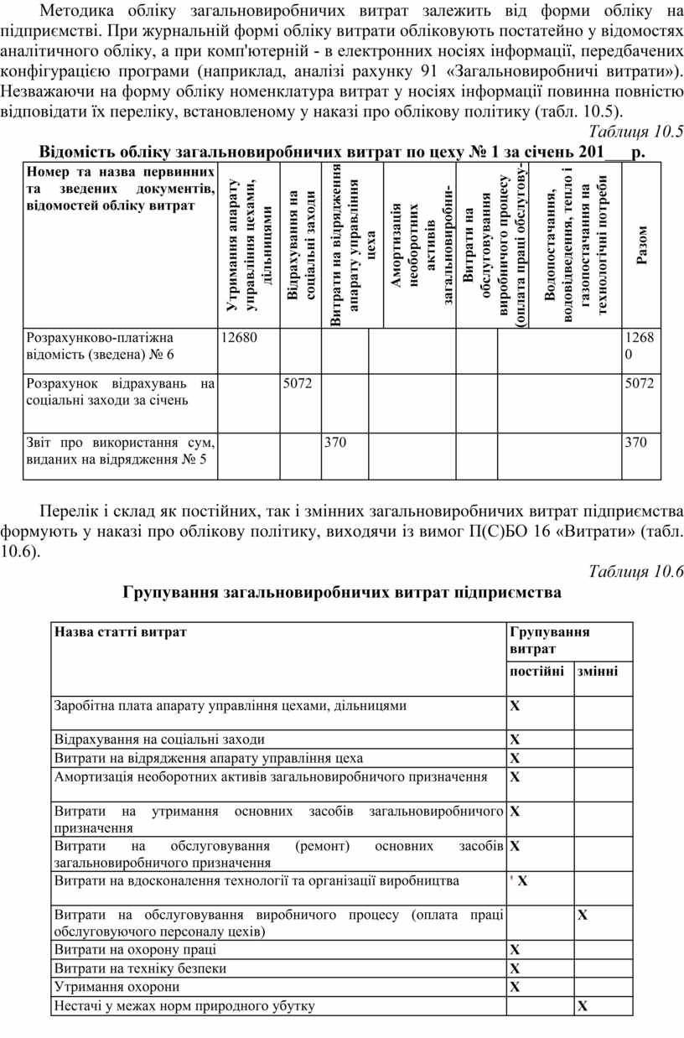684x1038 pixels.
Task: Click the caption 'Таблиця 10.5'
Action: pos(636,132)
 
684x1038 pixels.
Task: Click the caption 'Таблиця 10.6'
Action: pos(636,572)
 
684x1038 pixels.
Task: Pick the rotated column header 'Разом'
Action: pos(641,245)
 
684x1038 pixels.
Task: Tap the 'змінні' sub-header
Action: pos(598,672)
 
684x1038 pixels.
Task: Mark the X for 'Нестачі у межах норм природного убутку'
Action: pos(583,1006)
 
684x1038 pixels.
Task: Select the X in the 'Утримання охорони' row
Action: pos(516,988)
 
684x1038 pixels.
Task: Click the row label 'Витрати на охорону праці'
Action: pos(135,950)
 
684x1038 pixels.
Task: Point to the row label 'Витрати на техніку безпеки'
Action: pos(140,968)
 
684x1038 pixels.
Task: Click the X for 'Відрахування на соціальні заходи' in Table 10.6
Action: pos(516,740)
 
